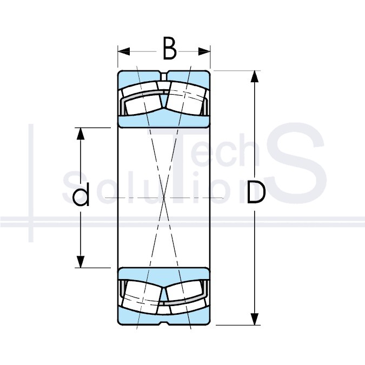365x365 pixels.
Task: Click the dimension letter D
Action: (256, 193)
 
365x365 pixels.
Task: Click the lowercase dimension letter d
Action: (81, 194)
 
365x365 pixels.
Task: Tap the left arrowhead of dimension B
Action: (124, 51)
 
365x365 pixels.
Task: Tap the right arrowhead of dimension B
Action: (204, 51)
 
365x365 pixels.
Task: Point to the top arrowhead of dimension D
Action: (255, 76)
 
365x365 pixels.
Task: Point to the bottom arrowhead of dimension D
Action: (255, 319)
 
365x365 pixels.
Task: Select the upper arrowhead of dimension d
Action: (81, 134)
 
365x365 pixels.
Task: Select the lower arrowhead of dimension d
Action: (81, 262)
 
